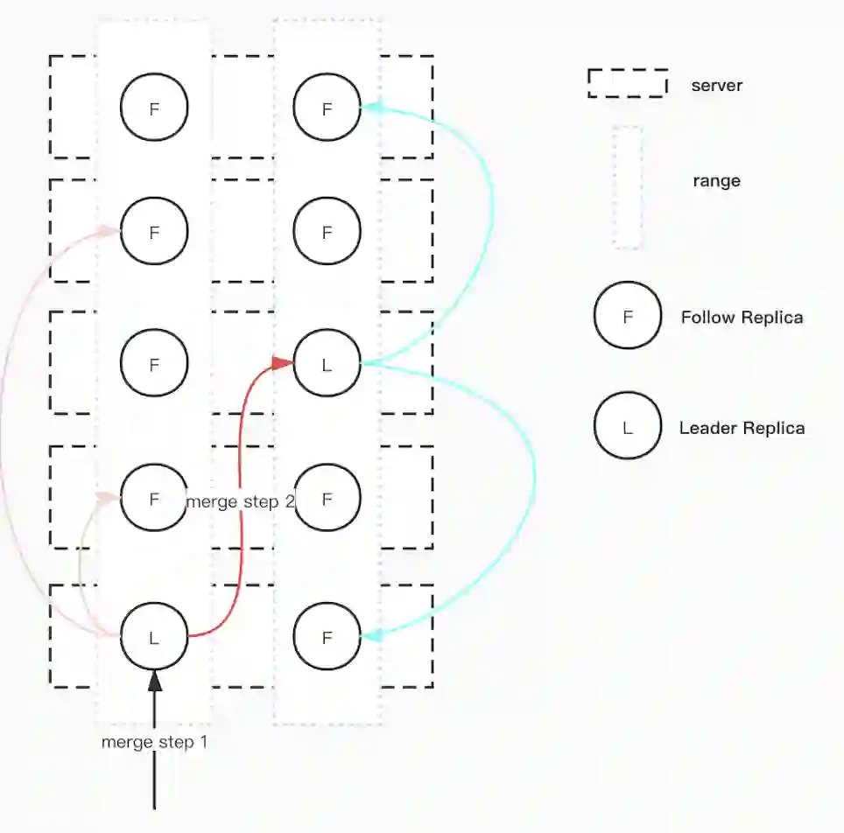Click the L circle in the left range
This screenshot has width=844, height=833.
(154, 637)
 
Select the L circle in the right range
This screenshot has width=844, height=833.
(327, 363)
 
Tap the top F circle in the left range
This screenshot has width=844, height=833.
(154, 108)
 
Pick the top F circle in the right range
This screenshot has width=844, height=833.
(327, 108)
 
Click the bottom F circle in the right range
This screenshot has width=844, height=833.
(327, 637)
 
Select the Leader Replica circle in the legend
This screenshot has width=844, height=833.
(627, 427)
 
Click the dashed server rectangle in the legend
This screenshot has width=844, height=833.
(627, 83)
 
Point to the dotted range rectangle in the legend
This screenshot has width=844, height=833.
(627, 186)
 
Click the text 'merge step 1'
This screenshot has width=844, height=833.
(154, 742)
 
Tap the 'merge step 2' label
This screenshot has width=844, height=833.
(240, 501)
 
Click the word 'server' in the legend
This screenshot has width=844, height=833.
(716, 86)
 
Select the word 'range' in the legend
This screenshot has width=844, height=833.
(716, 181)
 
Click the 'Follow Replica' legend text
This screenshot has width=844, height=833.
(742, 317)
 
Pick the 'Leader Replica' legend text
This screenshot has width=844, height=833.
(742, 428)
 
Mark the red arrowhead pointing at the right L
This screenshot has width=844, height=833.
(283, 362)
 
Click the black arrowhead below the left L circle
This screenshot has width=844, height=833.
(154, 681)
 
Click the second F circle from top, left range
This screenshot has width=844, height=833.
(154, 232)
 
